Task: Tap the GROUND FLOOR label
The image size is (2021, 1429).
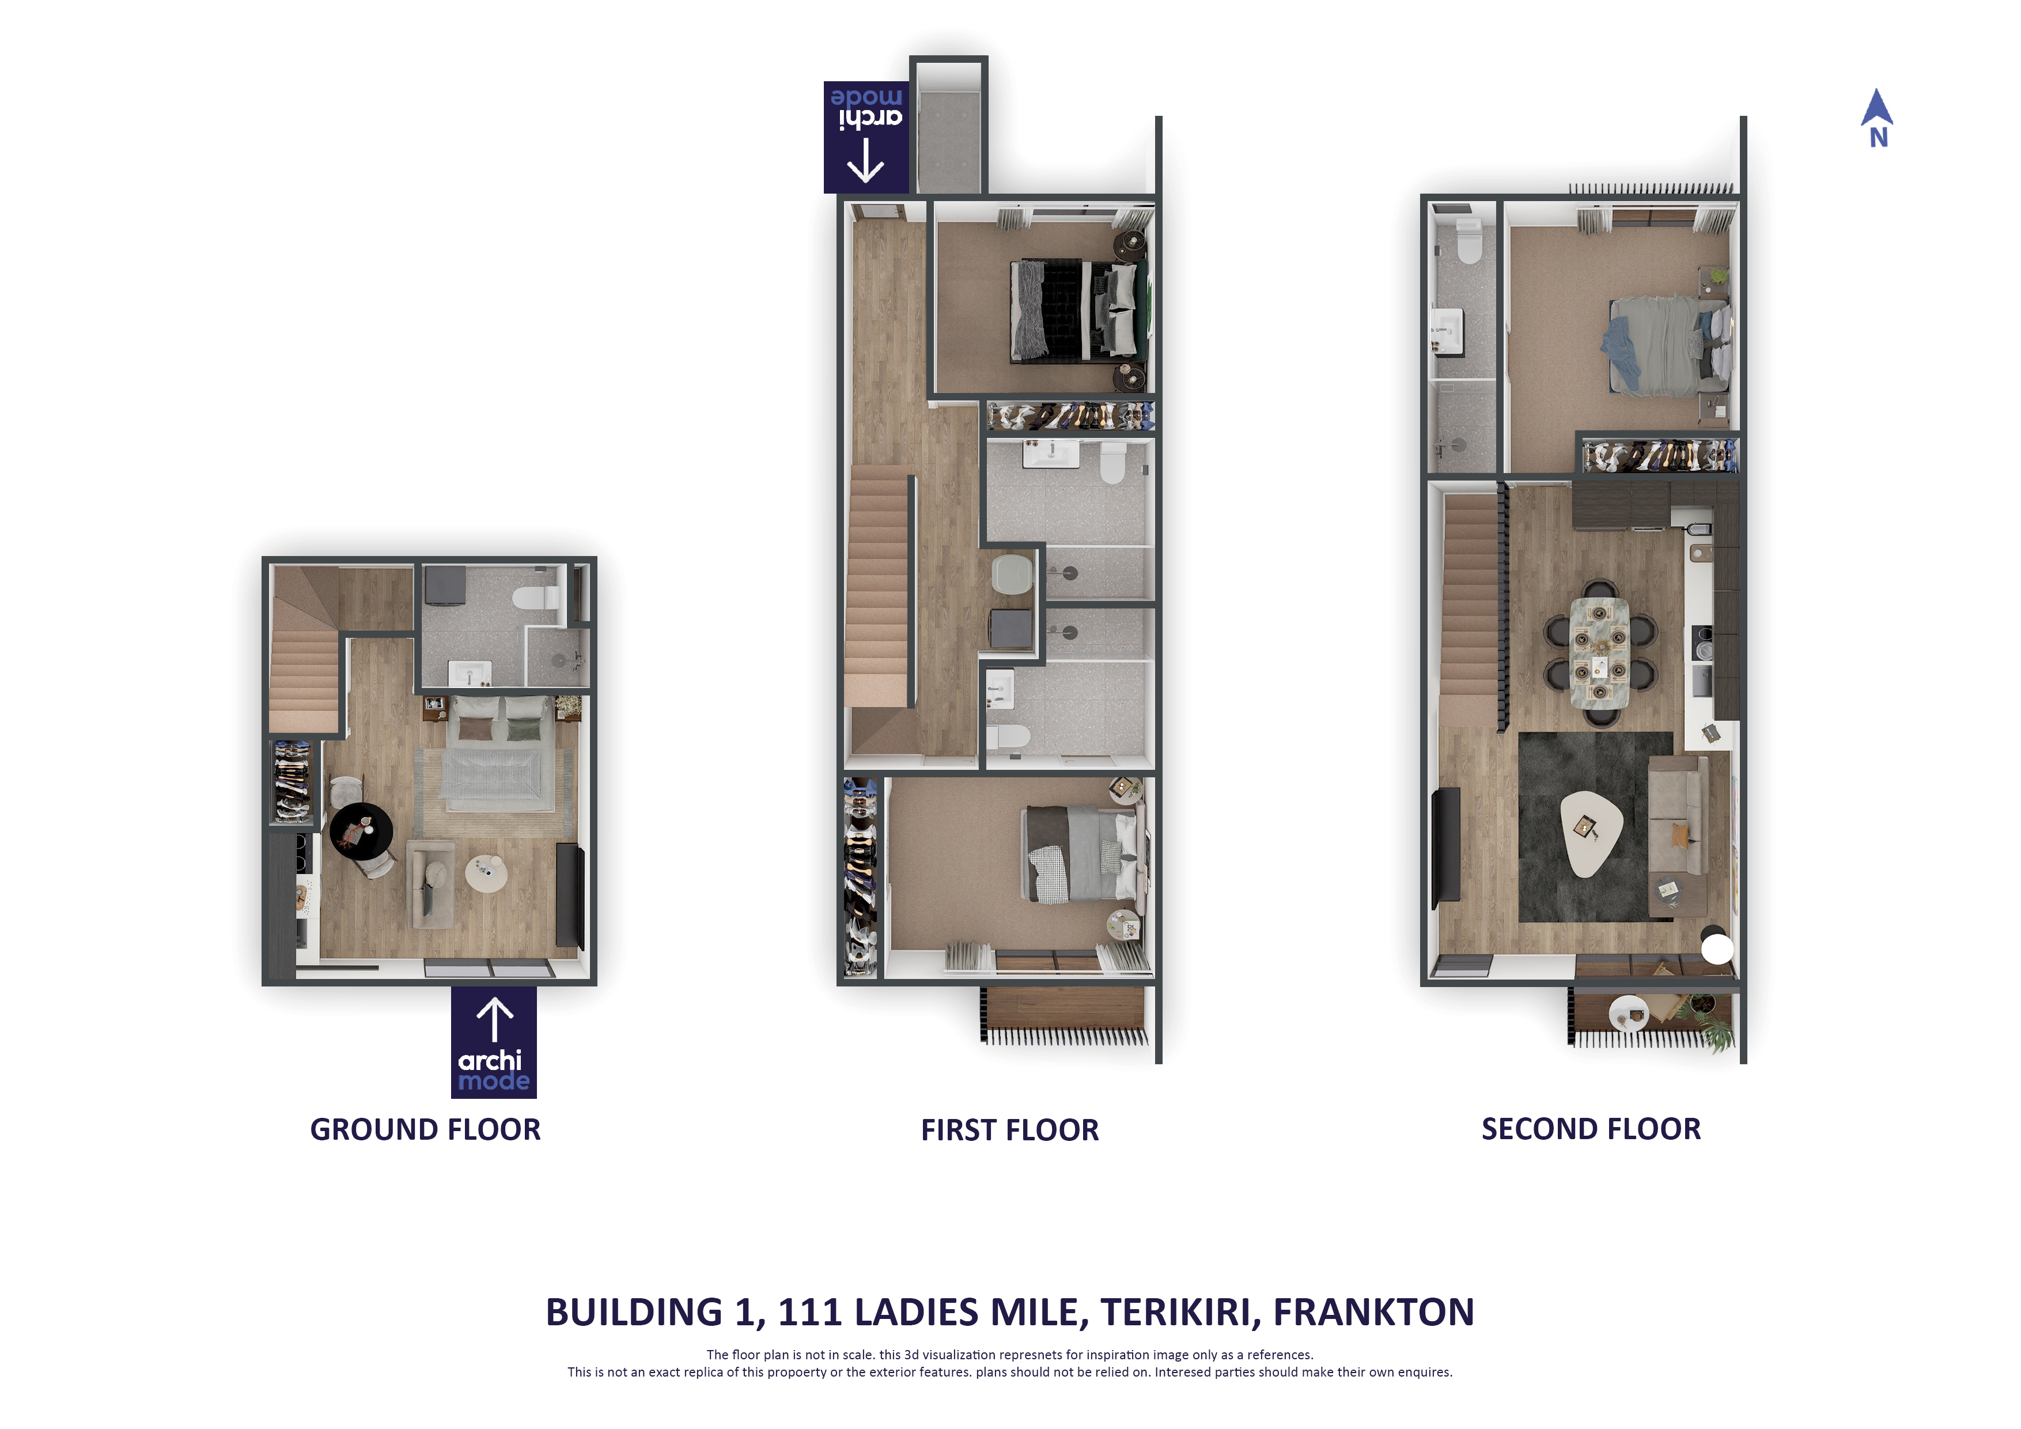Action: coord(425,1129)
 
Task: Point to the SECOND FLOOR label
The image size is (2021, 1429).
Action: coord(1591,1129)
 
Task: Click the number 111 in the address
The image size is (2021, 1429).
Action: coord(810,1313)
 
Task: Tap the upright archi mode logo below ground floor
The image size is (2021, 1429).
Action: coord(494,1042)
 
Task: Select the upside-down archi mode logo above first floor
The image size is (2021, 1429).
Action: coord(866,137)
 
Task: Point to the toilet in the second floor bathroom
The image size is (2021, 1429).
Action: coord(1468,241)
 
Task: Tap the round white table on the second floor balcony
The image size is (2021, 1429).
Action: coord(1628,1012)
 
